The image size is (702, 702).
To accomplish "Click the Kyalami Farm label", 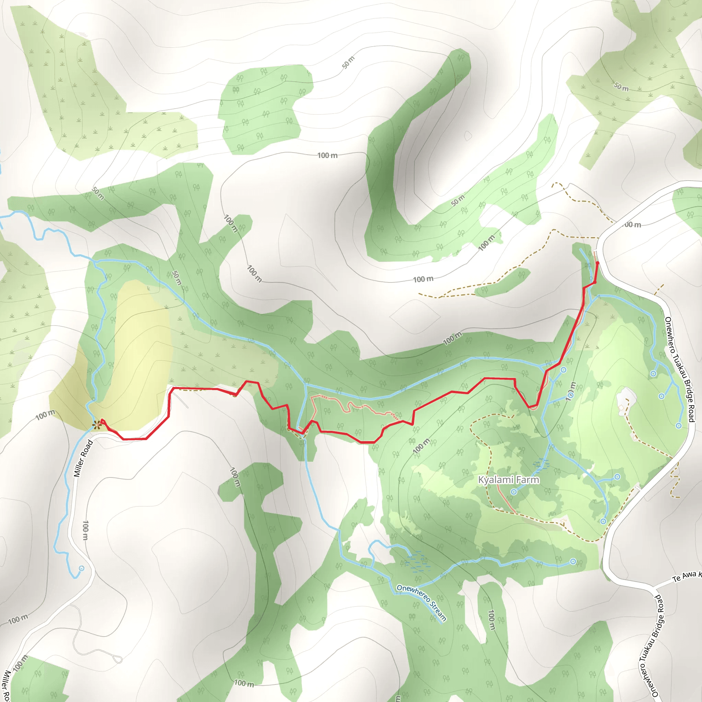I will click(508, 480).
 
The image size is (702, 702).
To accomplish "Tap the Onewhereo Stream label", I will click(421, 603).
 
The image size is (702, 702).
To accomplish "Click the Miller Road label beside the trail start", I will click(83, 459).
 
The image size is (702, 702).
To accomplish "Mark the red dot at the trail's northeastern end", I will click(597, 263).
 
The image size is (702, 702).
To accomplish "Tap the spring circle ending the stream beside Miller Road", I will click(81, 568).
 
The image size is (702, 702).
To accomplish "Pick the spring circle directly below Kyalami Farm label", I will click(514, 492).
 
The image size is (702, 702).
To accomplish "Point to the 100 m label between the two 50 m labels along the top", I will click(327, 156).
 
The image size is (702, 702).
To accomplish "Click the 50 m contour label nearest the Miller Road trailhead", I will click(98, 193).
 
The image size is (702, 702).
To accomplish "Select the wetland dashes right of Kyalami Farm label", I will click(541, 464).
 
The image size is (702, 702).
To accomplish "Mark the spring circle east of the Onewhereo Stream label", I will click(573, 561).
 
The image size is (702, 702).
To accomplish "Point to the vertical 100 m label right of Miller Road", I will click(85, 530).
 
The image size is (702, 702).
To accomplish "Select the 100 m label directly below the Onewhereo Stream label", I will click(491, 620).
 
